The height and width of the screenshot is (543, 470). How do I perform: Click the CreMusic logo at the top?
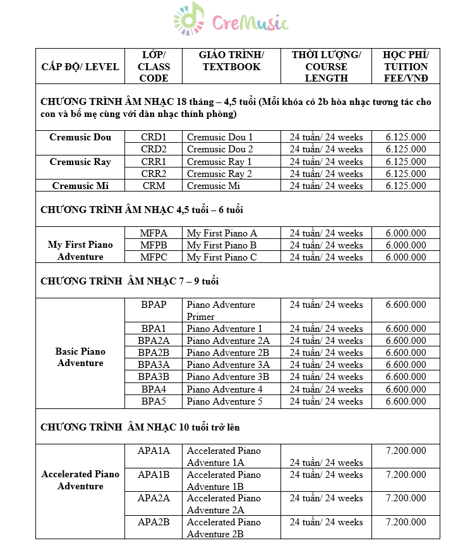pos(231,21)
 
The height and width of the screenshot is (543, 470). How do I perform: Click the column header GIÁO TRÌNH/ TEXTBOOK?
pos(231,61)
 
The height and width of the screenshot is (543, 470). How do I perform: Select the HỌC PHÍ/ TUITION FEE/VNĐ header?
pos(406,66)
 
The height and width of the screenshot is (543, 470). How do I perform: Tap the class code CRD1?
pos(154,137)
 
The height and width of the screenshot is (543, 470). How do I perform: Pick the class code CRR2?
pos(154,174)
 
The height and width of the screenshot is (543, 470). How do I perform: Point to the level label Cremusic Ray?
pos(80,162)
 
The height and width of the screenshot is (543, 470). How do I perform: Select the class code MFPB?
pos(154,245)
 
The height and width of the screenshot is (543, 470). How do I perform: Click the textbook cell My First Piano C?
pos(222,257)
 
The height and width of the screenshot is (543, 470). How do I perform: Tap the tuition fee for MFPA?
pos(406,233)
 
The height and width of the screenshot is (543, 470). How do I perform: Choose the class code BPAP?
pos(154,305)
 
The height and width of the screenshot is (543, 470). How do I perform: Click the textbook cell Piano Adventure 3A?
pos(228,365)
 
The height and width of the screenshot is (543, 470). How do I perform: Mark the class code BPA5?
pos(154,401)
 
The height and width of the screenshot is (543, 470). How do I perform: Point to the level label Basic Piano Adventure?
pos(80,357)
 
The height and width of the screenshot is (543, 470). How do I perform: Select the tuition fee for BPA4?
pos(406,389)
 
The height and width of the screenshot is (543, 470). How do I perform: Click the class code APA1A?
pos(154,451)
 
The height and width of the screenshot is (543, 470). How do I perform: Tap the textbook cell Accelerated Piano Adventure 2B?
pos(224,528)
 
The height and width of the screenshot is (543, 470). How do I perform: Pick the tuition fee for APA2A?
pos(406,498)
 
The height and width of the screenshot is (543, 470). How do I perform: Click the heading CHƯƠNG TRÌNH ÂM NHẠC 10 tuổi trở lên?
pos(140,427)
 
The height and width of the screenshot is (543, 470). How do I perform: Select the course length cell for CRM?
pos(326,186)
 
